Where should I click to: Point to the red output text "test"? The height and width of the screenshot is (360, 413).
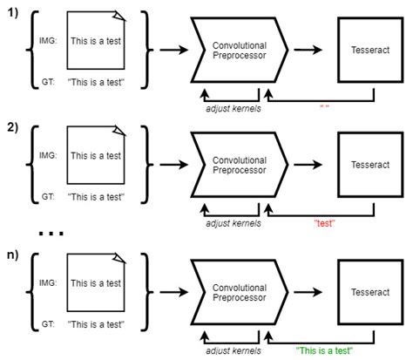[323, 225]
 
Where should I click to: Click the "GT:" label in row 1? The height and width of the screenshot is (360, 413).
[50, 82]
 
